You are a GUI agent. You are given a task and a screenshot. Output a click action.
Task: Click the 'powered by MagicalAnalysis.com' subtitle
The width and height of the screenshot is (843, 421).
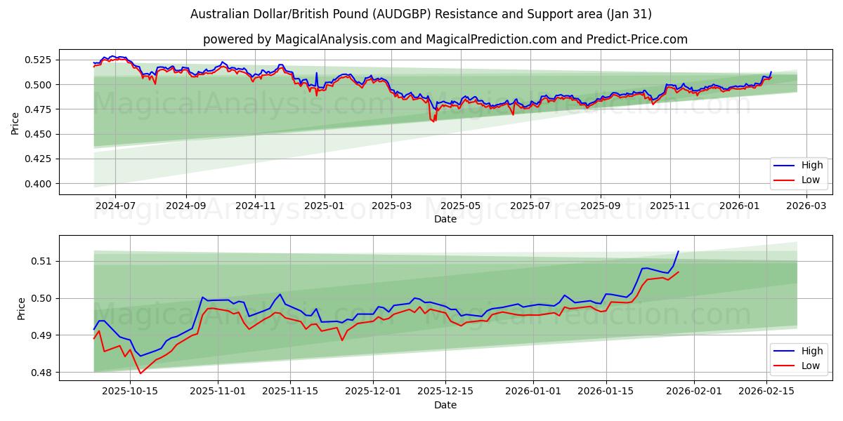click(x=445, y=39)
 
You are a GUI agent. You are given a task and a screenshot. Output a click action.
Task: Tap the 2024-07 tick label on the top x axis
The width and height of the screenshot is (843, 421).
click(x=115, y=206)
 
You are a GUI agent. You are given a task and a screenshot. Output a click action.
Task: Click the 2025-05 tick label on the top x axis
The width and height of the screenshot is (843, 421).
click(x=461, y=206)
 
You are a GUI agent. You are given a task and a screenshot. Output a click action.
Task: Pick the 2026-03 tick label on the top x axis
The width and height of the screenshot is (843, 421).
click(x=806, y=206)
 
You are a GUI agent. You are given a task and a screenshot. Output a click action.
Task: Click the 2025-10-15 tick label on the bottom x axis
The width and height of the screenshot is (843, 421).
click(x=131, y=392)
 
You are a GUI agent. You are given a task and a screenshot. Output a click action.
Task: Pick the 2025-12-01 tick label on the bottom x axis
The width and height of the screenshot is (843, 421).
click(x=373, y=392)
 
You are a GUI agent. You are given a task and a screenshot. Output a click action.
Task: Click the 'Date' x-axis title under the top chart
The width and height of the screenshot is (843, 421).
click(x=445, y=219)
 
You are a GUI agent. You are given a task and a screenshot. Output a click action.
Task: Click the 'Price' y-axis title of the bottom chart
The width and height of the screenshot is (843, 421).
click(x=21, y=308)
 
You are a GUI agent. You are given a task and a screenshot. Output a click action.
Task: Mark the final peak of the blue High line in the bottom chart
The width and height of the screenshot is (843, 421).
click(x=678, y=251)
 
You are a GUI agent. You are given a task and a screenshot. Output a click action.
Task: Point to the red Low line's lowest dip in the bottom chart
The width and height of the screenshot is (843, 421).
click(x=140, y=373)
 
